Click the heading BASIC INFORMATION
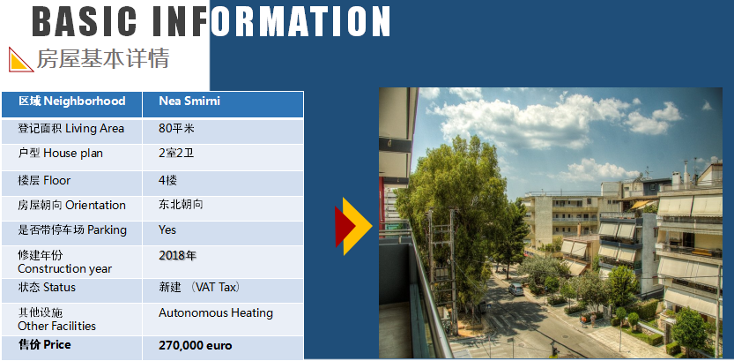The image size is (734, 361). [x=211, y=21]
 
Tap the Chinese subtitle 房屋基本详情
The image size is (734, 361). [x=102, y=59]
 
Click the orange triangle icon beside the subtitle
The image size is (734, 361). [x=20, y=59]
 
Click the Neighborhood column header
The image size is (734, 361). [x=72, y=101]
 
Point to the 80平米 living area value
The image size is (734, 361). [x=176, y=129]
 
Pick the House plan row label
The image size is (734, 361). [x=61, y=154]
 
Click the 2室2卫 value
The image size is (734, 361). [x=176, y=154]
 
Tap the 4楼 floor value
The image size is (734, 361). [x=167, y=180]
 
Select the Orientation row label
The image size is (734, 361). [x=71, y=206]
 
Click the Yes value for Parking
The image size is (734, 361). [x=167, y=229]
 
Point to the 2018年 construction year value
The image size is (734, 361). [x=177, y=255]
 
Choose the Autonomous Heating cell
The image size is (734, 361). [x=216, y=312]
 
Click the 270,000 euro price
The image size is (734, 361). [x=196, y=346]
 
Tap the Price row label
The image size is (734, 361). [x=44, y=345]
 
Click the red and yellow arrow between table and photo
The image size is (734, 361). [x=353, y=227]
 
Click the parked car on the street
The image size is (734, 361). [x=515, y=289]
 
